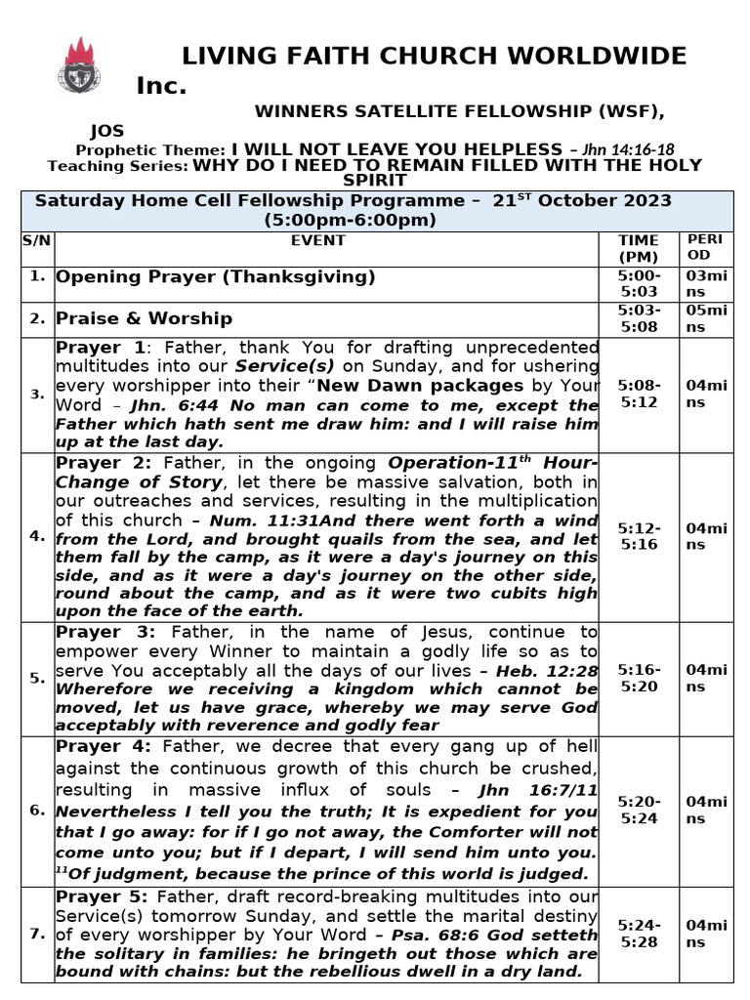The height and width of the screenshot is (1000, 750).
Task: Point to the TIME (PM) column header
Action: click(x=639, y=248)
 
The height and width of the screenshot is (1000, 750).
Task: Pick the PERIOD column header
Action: click(x=704, y=247)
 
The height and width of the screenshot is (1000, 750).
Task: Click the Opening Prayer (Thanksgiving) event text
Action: click(x=215, y=276)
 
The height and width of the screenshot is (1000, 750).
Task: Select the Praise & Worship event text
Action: click(x=144, y=318)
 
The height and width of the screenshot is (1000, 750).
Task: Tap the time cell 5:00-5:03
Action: click(x=639, y=283)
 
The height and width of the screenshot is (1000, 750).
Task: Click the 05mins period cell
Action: click(x=706, y=318)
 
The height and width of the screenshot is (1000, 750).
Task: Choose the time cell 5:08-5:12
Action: click(x=639, y=394)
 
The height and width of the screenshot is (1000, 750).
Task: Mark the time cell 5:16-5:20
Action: click(x=639, y=678)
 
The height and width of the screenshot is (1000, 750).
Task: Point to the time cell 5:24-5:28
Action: click(x=639, y=934)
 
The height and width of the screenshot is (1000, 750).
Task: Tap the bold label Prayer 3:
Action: click(x=104, y=632)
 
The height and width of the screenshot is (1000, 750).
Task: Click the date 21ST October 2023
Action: click(x=582, y=201)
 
